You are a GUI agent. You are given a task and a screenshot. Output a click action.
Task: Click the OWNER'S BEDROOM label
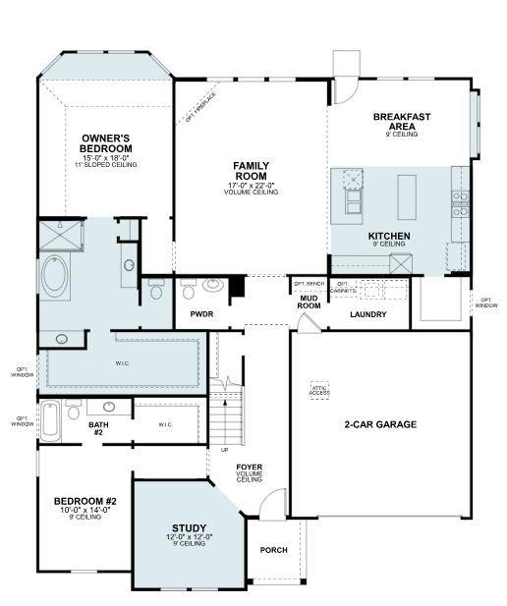point(106,142)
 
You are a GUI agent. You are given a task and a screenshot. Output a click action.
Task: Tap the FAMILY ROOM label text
point(251,171)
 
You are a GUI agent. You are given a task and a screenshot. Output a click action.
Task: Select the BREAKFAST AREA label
point(401,121)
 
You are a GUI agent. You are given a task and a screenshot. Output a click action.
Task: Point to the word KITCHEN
point(388,237)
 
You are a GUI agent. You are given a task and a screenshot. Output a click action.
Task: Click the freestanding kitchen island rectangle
point(406,196)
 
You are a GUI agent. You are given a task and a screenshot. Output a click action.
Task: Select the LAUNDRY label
point(367,314)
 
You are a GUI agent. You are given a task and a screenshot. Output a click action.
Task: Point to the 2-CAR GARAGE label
point(380,424)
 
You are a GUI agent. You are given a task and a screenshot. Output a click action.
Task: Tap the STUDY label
point(189,528)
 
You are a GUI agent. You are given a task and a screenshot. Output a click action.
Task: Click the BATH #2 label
point(98,427)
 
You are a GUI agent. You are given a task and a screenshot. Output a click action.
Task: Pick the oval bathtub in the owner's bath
point(54,277)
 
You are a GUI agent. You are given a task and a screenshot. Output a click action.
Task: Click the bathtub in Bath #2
point(50,420)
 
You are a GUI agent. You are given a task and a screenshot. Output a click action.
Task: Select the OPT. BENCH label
point(308,283)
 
